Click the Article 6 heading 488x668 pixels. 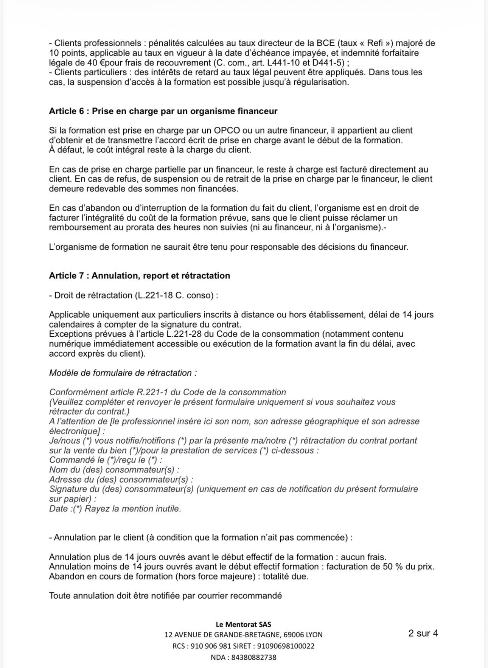coord(163,111)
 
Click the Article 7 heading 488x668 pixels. coord(139,276)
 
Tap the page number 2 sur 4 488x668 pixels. coord(423,633)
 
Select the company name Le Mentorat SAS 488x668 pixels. coord(243,625)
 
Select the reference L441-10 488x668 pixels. coord(286,63)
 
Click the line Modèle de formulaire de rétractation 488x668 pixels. coord(123,373)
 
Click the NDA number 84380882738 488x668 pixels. coord(253,657)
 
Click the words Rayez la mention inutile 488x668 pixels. coord(133,509)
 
